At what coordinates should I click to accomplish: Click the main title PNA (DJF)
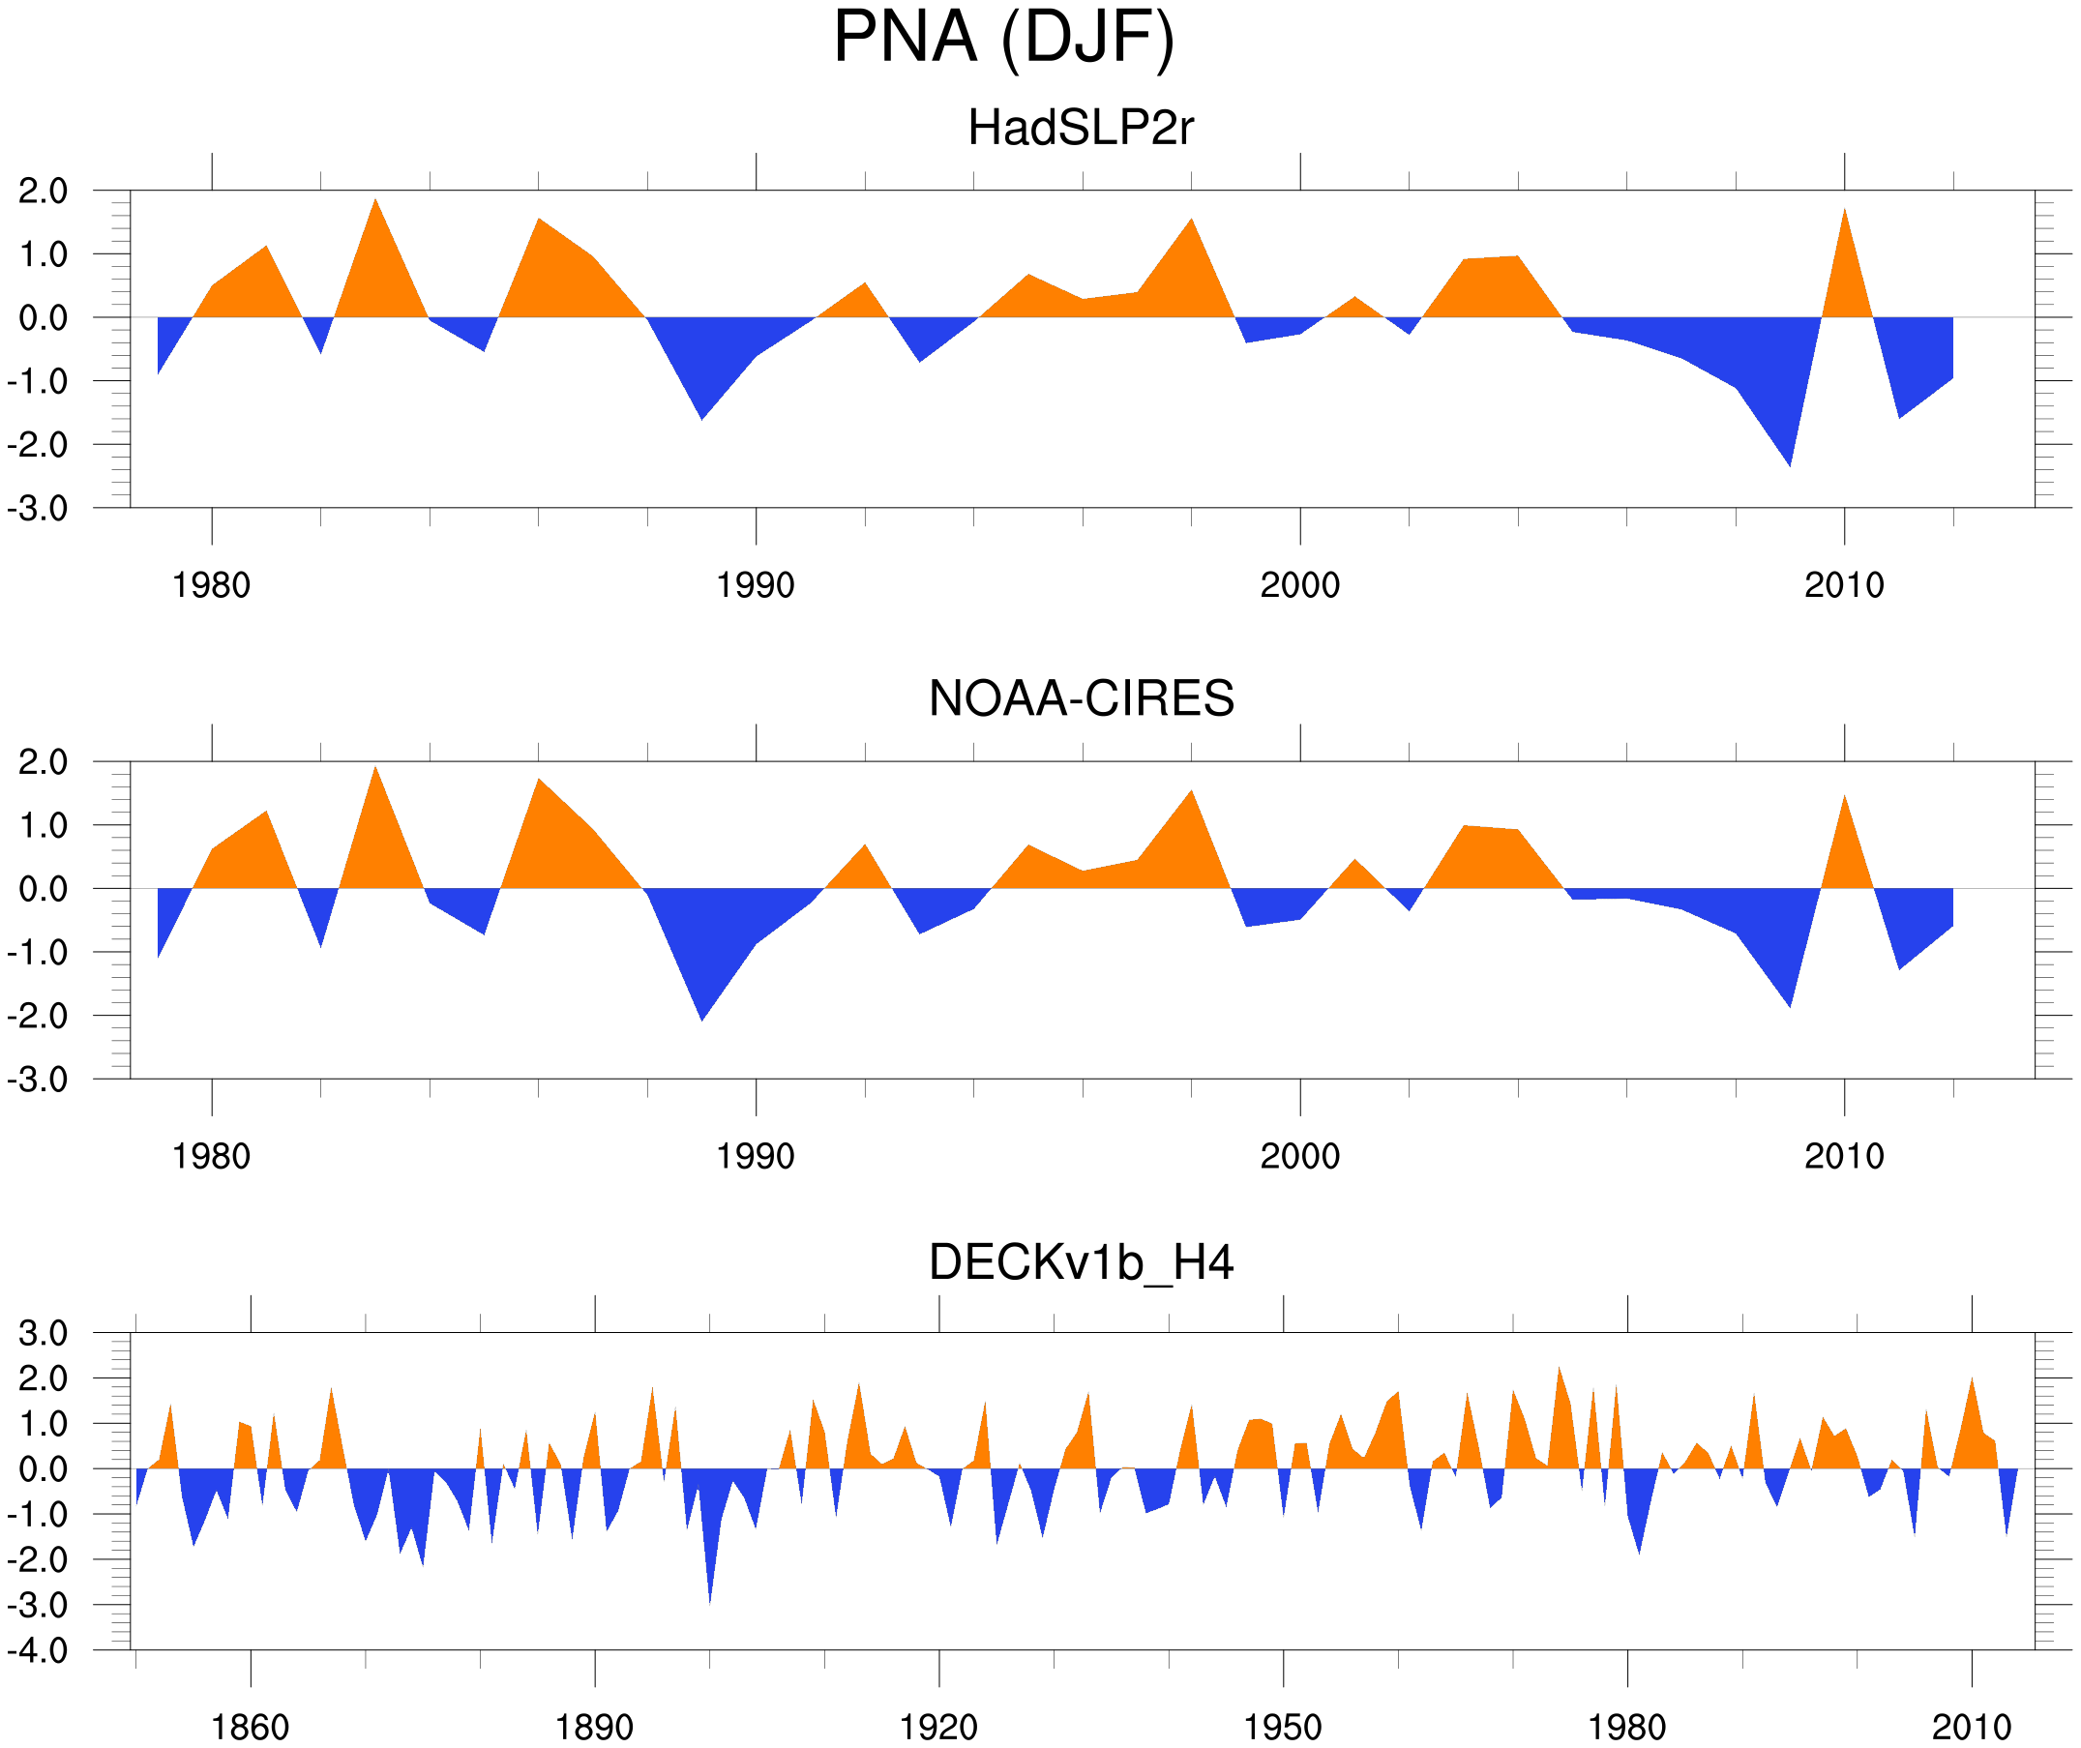(1003, 38)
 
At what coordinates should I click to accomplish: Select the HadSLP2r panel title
(1080, 128)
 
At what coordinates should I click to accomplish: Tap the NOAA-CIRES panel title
(1080, 698)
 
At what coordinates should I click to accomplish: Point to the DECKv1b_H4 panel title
(1080, 1263)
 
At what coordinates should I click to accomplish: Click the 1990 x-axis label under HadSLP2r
(756, 585)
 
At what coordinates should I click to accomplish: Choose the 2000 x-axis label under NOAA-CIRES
(1299, 1156)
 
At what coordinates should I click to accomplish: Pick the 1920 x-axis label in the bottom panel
(937, 1727)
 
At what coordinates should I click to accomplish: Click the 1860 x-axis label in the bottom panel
(250, 1727)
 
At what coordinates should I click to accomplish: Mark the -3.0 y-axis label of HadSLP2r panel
(38, 509)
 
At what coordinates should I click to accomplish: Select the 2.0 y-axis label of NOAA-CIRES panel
(43, 762)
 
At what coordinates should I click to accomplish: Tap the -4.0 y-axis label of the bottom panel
(38, 1651)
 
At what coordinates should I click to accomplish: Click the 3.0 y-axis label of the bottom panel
(43, 1334)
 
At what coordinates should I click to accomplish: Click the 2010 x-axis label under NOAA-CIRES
(1843, 1156)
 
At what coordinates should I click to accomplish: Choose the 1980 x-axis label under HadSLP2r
(211, 585)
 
